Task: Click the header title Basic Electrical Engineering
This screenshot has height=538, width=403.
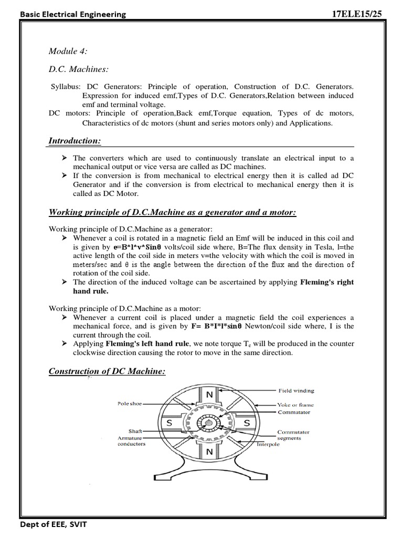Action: pyautogui.click(x=73, y=14)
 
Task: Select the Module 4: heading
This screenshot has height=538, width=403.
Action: pyautogui.click(x=68, y=50)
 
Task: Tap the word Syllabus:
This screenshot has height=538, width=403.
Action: pyautogui.click(x=67, y=86)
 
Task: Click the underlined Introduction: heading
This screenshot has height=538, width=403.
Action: pyautogui.click(x=75, y=141)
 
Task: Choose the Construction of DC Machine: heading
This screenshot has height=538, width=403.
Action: pyautogui.click(x=107, y=371)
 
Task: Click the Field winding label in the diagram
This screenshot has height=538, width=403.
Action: pyautogui.click(x=296, y=391)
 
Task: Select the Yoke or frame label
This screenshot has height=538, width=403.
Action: pyautogui.click(x=295, y=405)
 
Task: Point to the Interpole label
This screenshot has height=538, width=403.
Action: pyautogui.click(x=268, y=444)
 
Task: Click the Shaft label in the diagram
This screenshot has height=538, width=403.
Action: pyautogui.click(x=135, y=431)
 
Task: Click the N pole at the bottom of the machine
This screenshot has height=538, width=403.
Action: pyautogui.click(x=209, y=451)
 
